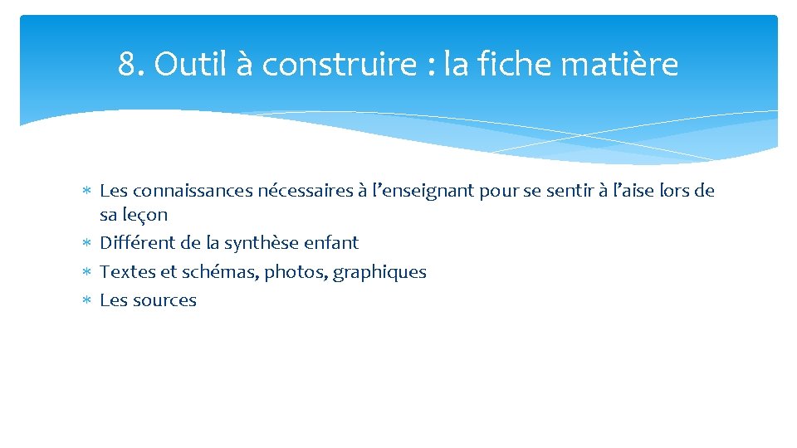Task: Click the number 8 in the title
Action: [x=126, y=64]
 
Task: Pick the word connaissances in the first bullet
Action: [x=192, y=191]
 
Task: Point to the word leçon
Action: [x=144, y=215]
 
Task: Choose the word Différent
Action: [x=134, y=243]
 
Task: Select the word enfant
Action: [x=332, y=243]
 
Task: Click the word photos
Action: [x=296, y=273]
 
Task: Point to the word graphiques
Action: [x=379, y=273]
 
